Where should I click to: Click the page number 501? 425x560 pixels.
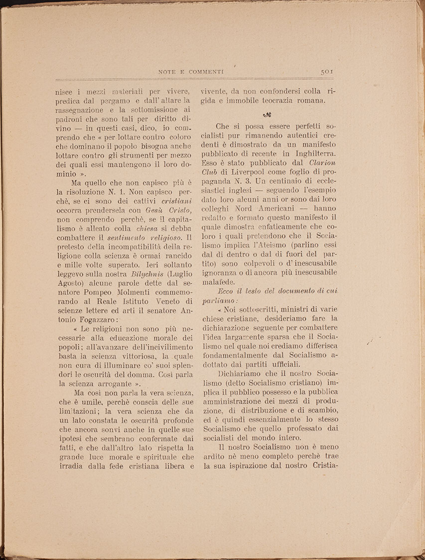point(327,72)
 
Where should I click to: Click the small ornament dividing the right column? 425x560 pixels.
point(267,115)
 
